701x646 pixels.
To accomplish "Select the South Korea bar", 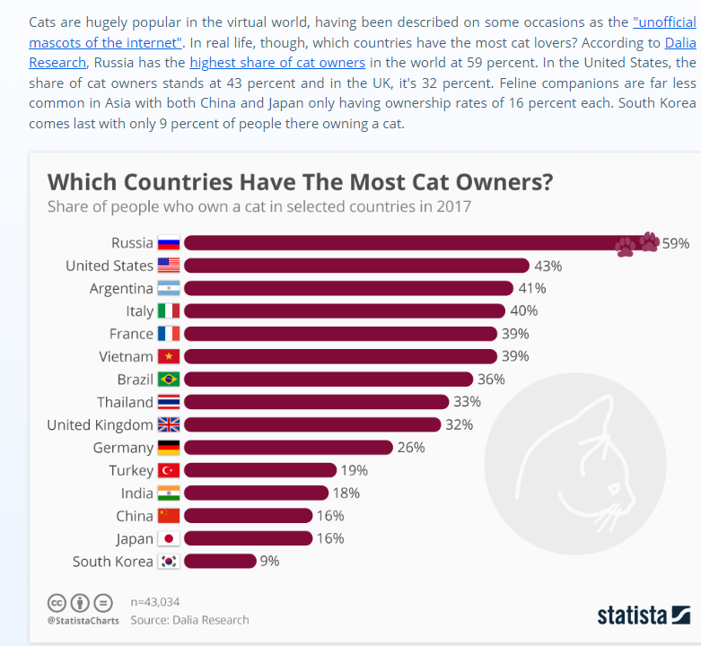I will pyautogui.click(x=220, y=562).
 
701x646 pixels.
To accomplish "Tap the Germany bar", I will pyautogui.click(x=288, y=448).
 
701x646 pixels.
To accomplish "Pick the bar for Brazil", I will pyautogui.click(x=328, y=380).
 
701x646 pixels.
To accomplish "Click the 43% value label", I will pyautogui.click(x=548, y=266).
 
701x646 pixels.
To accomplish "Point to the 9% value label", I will pyautogui.click(x=269, y=562).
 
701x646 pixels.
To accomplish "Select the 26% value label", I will pyautogui.click(x=410, y=448).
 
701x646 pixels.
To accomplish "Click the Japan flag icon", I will pyautogui.click(x=169, y=539).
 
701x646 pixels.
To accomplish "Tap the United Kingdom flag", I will pyautogui.click(x=169, y=425).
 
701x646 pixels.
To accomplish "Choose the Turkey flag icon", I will pyautogui.click(x=169, y=470).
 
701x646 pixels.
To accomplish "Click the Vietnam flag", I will pyautogui.click(x=169, y=357).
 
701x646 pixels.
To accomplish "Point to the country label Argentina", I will pyautogui.click(x=121, y=289).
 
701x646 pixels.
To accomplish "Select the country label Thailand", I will pyautogui.click(x=125, y=402).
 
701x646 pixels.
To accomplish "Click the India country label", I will pyautogui.click(x=137, y=493).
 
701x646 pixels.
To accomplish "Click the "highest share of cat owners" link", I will pyautogui.click(x=277, y=63).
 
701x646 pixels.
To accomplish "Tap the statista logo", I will pyautogui.click(x=643, y=615).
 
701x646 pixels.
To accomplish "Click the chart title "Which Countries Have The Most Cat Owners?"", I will pyautogui.click(x=300, y=182).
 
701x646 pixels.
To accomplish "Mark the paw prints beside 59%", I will pyautogui.click(x=637, y=244).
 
